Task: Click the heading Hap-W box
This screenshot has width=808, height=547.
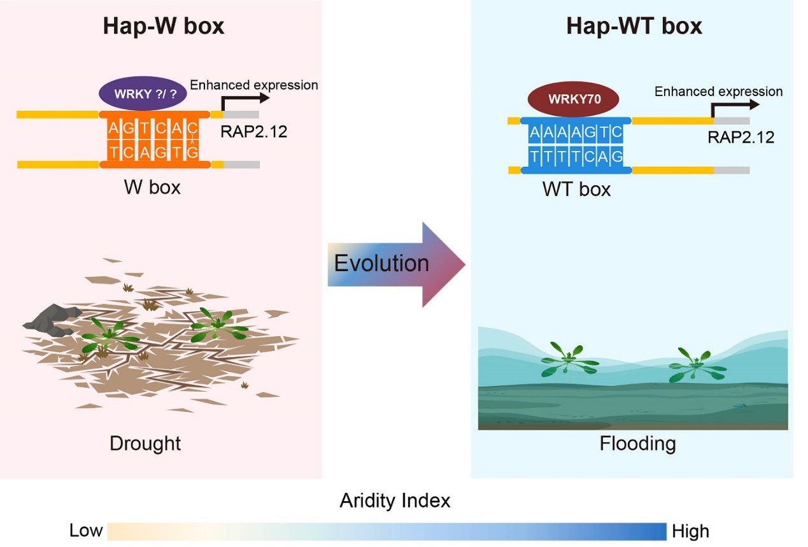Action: (x=164, y=27)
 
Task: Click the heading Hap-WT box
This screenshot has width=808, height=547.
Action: (x=634, y=27)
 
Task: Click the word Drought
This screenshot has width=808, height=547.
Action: (x=145, y=443)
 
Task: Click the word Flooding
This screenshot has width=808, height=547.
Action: (x=637, y=443)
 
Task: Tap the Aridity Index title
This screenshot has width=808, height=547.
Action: (x=395, y=501)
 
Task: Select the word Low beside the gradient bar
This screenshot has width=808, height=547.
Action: (x=86, y=530)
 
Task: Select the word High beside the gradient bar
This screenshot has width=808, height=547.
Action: (x=690, y=530)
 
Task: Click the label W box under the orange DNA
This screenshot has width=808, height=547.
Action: (x=152, y=188)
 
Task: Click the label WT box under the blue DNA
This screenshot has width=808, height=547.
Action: (x=576, y=189)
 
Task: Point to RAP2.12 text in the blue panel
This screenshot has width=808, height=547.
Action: (x=741, y=137)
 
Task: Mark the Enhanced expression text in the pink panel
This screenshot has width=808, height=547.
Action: (x=254, y=85)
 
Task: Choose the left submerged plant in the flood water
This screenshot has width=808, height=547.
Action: (x=563, y=359)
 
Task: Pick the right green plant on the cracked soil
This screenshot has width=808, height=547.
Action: (x=219, y=325)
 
